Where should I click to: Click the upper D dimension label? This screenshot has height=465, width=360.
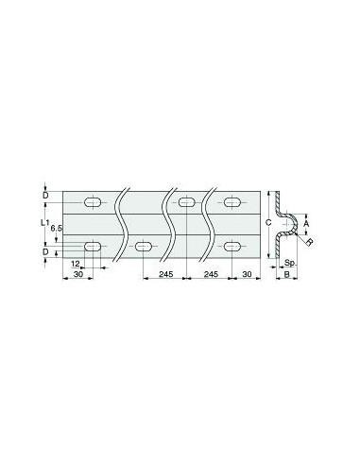45,196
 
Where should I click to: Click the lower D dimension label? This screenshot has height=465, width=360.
45,251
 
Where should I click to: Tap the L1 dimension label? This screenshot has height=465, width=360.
44,223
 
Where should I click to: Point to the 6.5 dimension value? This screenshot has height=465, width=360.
56,228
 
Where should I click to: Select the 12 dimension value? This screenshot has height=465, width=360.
76,263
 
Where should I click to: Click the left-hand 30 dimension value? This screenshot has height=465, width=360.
78,274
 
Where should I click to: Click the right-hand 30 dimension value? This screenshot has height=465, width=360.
248,274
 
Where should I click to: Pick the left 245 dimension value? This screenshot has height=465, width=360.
165,274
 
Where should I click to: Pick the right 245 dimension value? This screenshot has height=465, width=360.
211,274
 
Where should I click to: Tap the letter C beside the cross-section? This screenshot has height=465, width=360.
268,223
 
